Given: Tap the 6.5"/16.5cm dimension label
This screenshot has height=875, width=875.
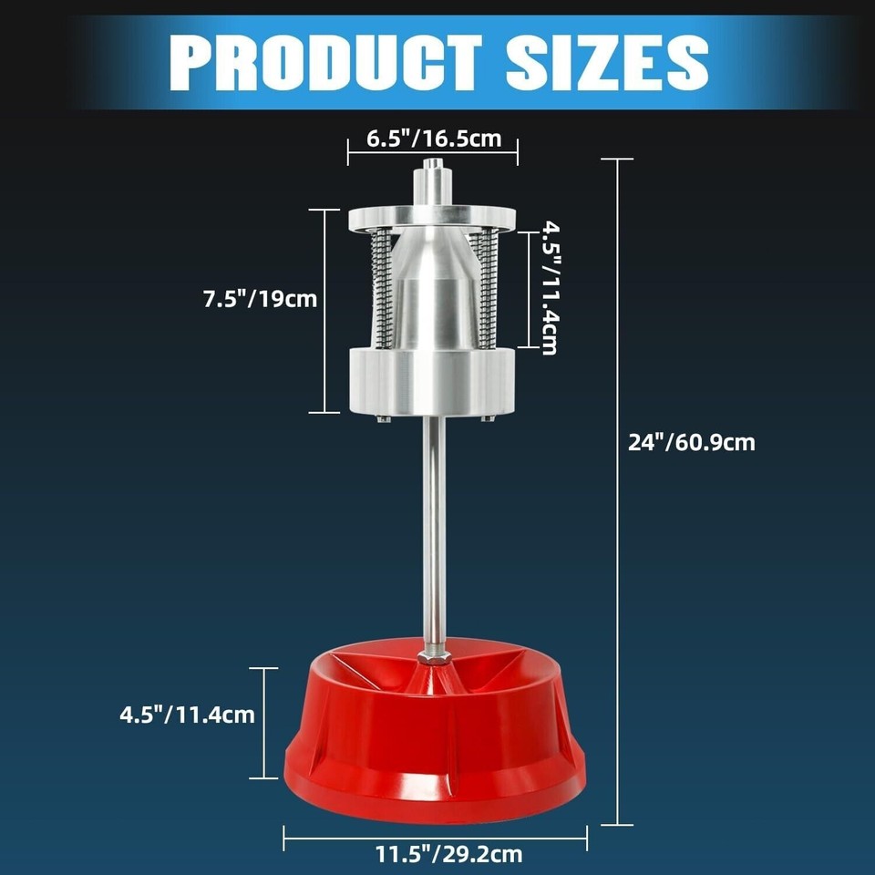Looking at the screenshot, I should (434, 139).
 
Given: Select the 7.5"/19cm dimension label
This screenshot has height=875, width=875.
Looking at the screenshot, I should (260, 298).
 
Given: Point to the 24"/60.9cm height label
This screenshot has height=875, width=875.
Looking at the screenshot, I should (692, 443).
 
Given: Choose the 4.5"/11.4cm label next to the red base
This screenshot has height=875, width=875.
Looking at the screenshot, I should (187, 715).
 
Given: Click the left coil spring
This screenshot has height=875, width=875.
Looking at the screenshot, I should (382, 292).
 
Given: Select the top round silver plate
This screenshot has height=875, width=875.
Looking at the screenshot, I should (431, 219).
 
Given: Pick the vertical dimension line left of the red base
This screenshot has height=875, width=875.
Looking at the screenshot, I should (264, 723).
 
